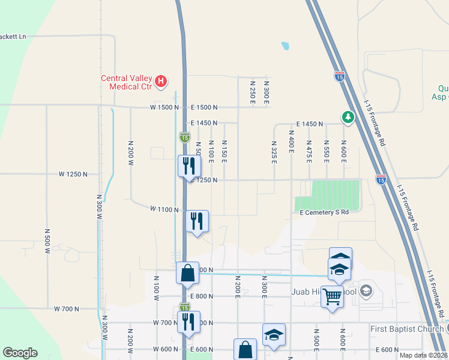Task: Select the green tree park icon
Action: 347,116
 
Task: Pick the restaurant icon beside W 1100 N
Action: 196,221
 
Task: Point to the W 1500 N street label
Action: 164,107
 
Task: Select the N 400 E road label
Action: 291,143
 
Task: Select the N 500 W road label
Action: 47,241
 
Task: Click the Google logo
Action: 20,353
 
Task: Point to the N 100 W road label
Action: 156,288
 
